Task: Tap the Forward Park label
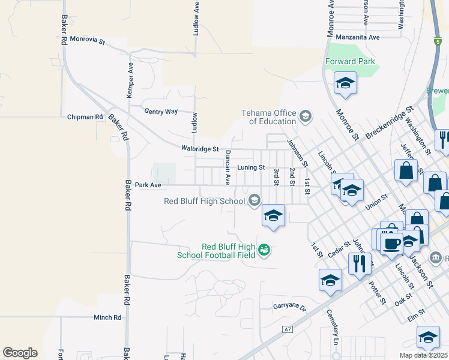coord(350,61)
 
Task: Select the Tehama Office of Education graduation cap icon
coord(306,116)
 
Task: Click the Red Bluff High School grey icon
coord(255,200)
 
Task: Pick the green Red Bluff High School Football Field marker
coord(264,250)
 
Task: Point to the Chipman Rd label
coord(85,116)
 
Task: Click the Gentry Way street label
coord(161,111)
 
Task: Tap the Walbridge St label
coord(200,148)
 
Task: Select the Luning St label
coord(251,167)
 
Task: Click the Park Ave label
coord(148,185)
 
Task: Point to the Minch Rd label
coord(107,317)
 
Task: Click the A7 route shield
coord(288,329)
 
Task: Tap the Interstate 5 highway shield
coord(438,41)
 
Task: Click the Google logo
coord(20,352)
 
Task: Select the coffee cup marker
coord(391,244)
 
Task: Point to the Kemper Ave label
coord(130,80)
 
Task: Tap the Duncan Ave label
coord(228,167)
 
